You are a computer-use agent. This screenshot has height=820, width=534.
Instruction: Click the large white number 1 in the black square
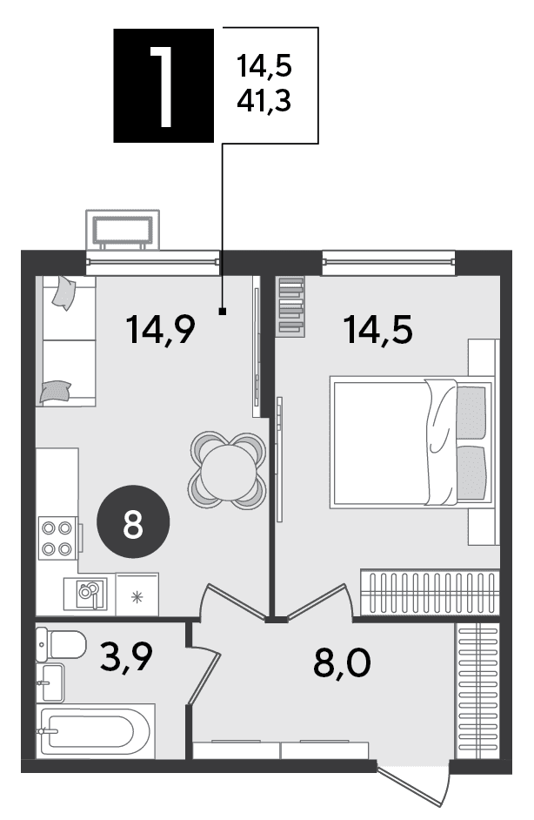[164, 86]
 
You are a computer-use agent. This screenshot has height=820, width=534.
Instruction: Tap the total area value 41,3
[264, 100]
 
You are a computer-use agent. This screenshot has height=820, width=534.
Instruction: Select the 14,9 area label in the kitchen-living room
[161, 330]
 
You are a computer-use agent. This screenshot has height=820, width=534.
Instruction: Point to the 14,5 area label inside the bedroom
[377, 330]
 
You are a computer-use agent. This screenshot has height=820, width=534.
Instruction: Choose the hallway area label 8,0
[343, 662]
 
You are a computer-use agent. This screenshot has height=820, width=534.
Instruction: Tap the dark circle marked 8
[133, 525]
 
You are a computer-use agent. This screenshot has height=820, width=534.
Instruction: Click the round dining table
[228, 469]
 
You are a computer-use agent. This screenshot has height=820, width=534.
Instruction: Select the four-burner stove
[58, 538]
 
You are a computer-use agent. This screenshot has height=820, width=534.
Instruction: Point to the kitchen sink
[85, 594]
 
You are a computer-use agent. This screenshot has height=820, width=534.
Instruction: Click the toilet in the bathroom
[61, 644]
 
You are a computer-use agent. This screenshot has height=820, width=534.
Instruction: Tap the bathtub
[95, 731]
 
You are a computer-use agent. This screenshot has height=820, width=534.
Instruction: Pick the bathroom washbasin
[50, 683]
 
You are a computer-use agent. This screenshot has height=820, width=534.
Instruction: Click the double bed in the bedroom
[411, 442]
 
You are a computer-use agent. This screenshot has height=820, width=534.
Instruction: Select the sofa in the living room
[66, 341]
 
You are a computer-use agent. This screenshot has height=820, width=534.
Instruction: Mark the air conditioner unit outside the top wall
[123, 230]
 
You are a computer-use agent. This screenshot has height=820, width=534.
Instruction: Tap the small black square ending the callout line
[223, 313]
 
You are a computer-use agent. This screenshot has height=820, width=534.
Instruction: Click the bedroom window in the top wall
[389, 263]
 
